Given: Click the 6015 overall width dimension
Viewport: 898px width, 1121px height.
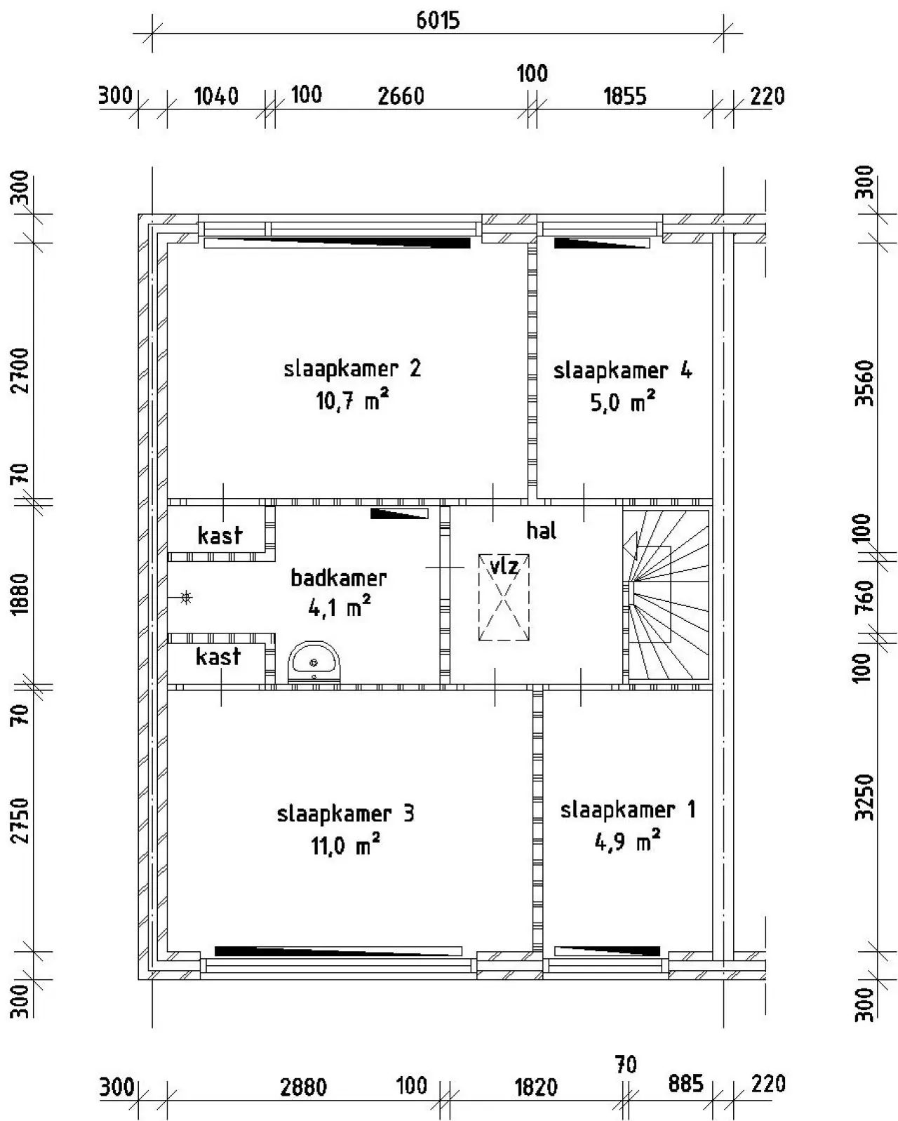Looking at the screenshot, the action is pyautogui.click(x=438, y=20).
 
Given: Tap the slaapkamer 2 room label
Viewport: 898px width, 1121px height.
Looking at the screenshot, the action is pyautogui.click(x=352, y=369).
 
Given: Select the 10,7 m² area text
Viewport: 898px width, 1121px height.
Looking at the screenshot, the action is pyautogui.click(x=352, y=401).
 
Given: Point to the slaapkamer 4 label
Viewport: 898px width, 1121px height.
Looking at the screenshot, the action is pyautogui.click(x=622, y=370).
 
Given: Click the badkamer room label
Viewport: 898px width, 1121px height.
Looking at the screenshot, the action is pyautogui.click(x=339, y=578).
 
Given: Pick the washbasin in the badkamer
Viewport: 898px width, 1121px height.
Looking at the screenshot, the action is pyautogui.click(x=314, y=662).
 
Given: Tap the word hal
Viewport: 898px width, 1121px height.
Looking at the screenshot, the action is pyautogui.click(x=541, y=530).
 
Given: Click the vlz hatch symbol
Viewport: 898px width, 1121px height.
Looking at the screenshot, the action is pyautogui.click(x=504, y=597).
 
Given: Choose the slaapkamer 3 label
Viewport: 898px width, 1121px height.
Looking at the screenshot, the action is pyautogui.click(x=345, y=814).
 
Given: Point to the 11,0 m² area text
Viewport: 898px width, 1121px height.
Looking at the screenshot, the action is pyautogui.click(x=345, y=845).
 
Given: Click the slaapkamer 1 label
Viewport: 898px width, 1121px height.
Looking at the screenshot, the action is pyautogui.click(x=628, y=810).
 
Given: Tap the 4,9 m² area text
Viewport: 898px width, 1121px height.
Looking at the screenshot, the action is pyautogui.click(x=628, y=840).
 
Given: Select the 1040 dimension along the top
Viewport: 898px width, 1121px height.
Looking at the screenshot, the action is pyautogui.click(x=216, y=96).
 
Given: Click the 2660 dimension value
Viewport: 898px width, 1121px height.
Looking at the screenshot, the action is pyautogui.click(x=401, y=96).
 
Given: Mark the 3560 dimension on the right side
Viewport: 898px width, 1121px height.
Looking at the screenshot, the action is pyautogui.click(x=864, y=383).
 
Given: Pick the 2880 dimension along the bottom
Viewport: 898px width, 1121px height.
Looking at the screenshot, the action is pyautogui.click(x=304, y=1087).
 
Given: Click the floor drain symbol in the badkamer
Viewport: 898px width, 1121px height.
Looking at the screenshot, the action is pyautogui.click(x=185, y=598).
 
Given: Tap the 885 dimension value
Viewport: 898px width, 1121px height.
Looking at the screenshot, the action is pyautogui.click(x=686, y=1084).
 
